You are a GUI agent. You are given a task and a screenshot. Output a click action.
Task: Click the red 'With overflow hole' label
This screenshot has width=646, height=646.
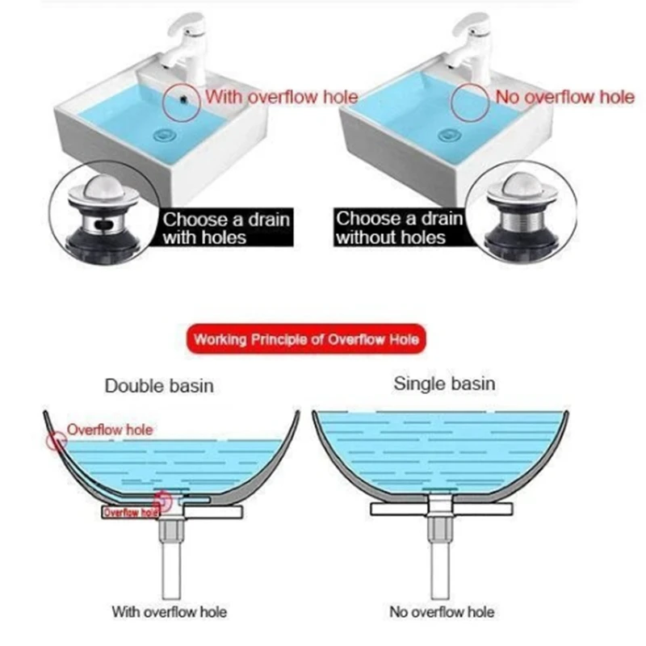pos(281,97)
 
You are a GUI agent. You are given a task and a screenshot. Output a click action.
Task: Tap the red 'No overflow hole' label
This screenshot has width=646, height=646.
pos(564,97)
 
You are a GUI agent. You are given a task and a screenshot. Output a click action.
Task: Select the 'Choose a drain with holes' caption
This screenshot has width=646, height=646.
pos(225,228)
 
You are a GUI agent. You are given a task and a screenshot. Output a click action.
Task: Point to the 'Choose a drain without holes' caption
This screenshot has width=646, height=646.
pos(398,228)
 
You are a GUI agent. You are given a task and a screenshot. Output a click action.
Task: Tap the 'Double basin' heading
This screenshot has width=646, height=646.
pos(159,385)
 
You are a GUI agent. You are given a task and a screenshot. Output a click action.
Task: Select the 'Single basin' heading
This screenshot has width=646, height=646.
pos(444,383)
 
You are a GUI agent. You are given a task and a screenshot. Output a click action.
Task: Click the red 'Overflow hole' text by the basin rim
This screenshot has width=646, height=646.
pos(109,430)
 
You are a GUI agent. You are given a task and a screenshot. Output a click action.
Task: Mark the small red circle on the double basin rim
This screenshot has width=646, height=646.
pos(56,441)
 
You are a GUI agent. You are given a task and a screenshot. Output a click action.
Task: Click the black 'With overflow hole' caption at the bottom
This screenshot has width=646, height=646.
pos(169,611)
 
